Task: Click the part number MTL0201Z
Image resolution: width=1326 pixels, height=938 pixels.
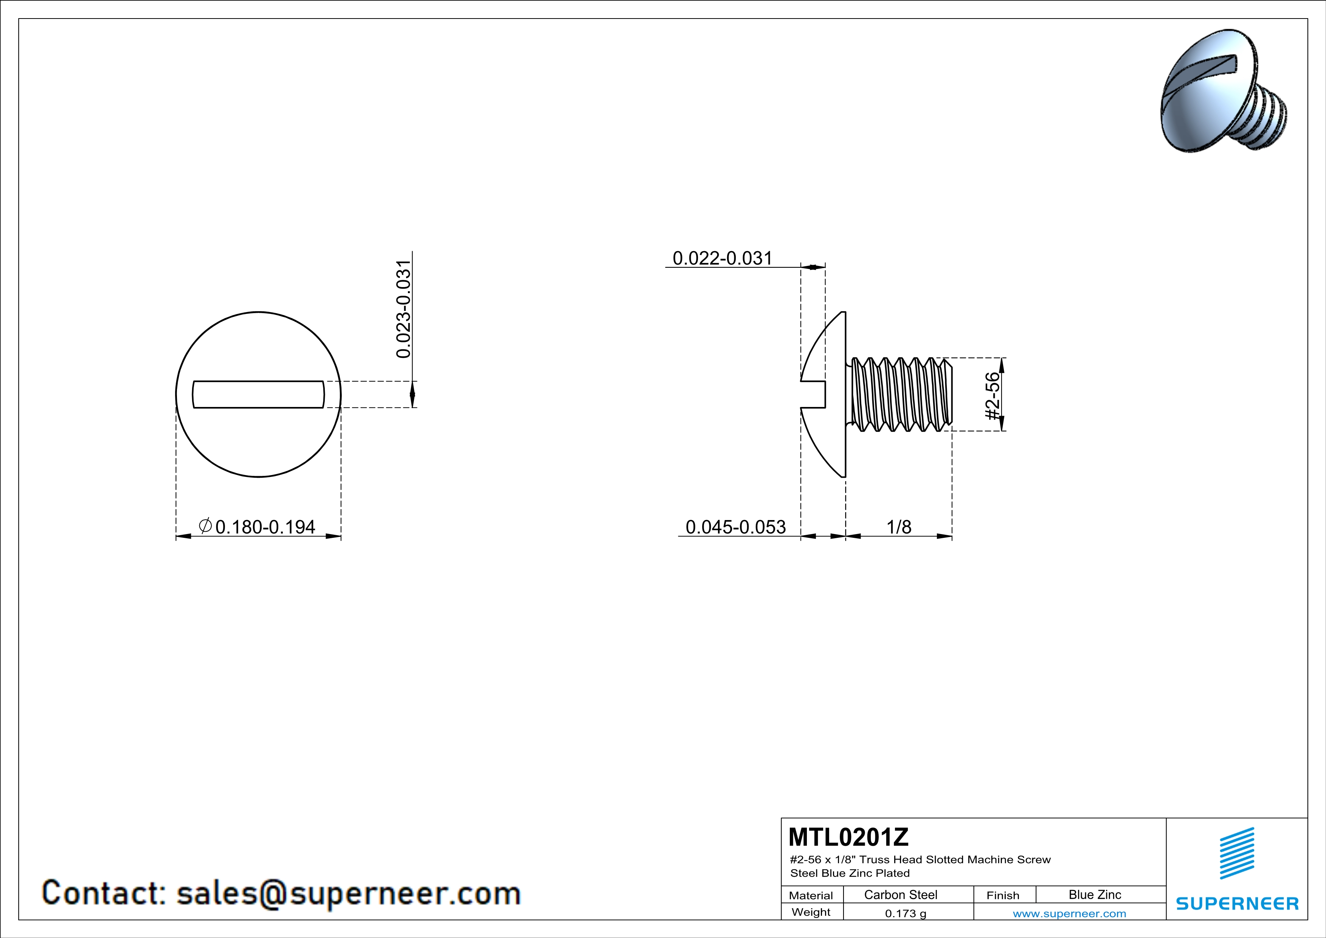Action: (x=848, y=837)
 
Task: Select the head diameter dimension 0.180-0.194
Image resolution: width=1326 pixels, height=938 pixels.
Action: (x=265, y=527)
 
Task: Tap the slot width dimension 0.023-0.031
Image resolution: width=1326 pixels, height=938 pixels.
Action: (x=404, y=309)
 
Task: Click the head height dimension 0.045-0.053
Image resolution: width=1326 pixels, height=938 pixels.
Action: (x=735, y=527)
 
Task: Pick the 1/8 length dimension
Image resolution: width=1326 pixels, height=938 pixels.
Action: (x=899, y=527)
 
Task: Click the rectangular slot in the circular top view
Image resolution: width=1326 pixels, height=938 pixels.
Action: (x=258, y=394)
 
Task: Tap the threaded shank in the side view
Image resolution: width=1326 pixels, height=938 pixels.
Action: (x=901, y=394)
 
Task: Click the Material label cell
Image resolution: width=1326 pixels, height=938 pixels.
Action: (x=811, y=895)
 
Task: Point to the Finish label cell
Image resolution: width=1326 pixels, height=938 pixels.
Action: (x=1003, y=895)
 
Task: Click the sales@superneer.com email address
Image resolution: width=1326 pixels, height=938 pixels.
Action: (x=348, y=893)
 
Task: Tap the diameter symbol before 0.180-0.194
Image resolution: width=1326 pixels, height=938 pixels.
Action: (x=205, y=526)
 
